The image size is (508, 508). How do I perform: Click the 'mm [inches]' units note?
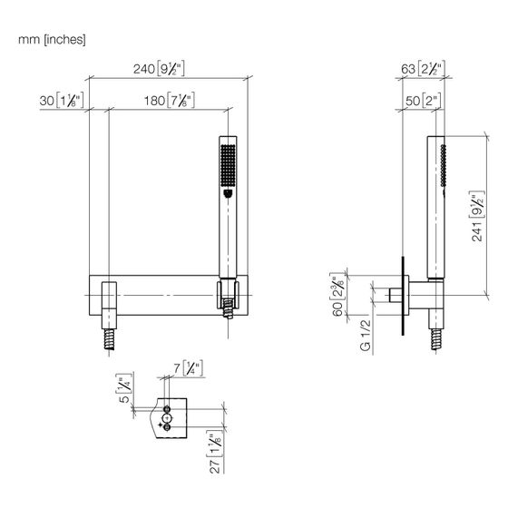52,40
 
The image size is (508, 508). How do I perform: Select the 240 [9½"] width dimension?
159,69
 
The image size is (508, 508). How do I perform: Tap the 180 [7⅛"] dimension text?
170,101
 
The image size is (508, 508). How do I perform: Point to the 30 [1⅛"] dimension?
62,100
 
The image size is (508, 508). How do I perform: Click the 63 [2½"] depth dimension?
423,69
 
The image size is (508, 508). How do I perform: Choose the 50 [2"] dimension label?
423,101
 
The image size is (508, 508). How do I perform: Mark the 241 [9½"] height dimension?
477,216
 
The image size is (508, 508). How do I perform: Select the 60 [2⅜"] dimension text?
337,294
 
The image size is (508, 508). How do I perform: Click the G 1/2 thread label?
365,335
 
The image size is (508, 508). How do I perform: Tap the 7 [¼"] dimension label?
188,368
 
